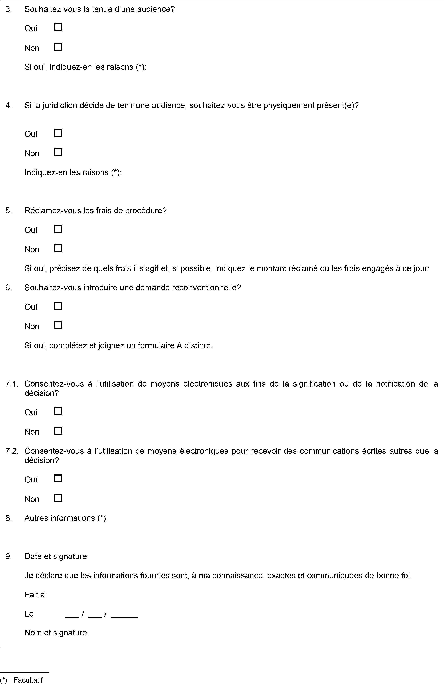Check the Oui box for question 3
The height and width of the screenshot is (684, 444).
click(58, 28)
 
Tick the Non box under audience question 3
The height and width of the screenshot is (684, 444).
click(58, 47)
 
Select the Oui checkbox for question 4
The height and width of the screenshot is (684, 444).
click(58, 133)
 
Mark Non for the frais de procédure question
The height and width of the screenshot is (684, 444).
click(58, 248)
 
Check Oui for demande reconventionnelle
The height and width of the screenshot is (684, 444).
click(58, 306)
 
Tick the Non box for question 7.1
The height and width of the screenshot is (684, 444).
click(58, 431)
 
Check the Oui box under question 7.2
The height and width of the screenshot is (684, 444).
click(58, 479)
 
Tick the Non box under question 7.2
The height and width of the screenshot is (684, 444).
click(58, 498)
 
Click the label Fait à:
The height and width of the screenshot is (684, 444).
click(36, 595)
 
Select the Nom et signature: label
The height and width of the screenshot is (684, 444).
click(57, 633)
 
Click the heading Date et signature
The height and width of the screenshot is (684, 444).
click(56, 556)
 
